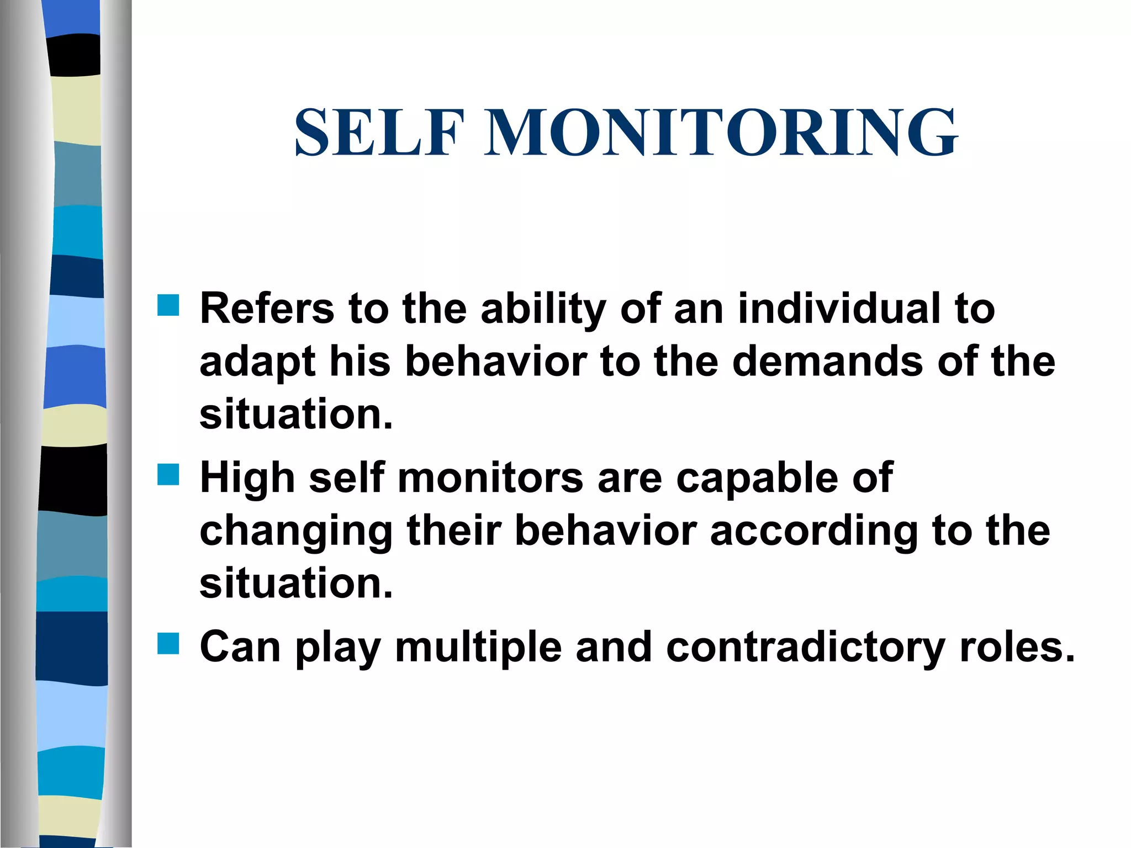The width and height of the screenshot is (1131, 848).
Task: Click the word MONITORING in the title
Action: [721, 133]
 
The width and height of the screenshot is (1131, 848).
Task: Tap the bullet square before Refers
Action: [168, 305]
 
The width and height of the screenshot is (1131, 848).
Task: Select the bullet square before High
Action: [168, 474]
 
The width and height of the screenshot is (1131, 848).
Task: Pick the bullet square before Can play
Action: [168, 643]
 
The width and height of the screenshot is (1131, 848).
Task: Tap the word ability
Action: [543, 309]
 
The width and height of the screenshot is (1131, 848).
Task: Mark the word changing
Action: [296, 532]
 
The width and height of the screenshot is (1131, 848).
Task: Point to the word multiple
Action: [478, 648]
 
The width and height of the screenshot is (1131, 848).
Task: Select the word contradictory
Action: [806, 648]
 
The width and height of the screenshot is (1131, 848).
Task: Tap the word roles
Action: [1017, 646]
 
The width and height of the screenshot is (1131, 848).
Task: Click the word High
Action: [247, 478]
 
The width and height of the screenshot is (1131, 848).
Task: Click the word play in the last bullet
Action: [337, 648]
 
